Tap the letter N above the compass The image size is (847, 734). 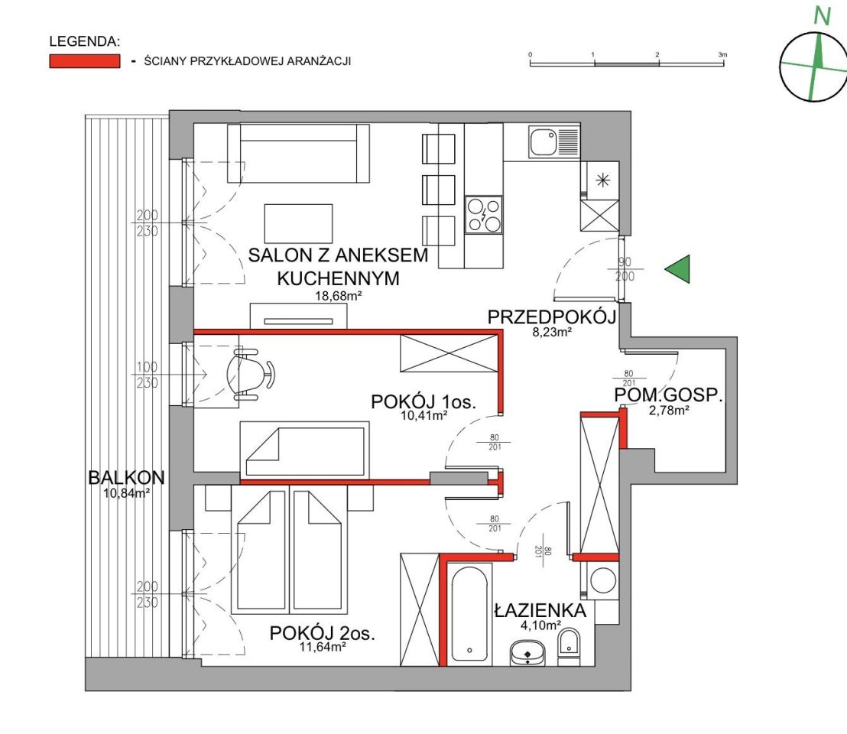pyautogui.click(x=822, y=17)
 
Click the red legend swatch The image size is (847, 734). pyautogui.click(x=85, y=61)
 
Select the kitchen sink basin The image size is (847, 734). pyautogui.click(x=543, y=142)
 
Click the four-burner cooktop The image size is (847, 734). pyautogui.click(x=484, y=214)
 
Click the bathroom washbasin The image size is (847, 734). pyautogui.click(x=527, y=653)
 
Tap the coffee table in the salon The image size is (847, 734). pyautogui.click(x=298, y=223)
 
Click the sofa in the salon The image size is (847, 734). pyautogui.click(x=298, y=154)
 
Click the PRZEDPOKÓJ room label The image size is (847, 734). pyautogui.click(x=551, y=317)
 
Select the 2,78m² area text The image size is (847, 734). pyautogui.click(x=669, y=410)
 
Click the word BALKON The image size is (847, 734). pyautogui.click(x=126, y=477)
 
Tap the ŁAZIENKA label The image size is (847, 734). pyautogui.click(x=540, y=611)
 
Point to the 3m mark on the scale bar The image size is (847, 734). pyautogui.click(x=722, y=54)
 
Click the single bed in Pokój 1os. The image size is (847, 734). pyautogui.click(x=305, y=450)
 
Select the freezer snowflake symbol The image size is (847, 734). pyautogui.click(x=603, y=180)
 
